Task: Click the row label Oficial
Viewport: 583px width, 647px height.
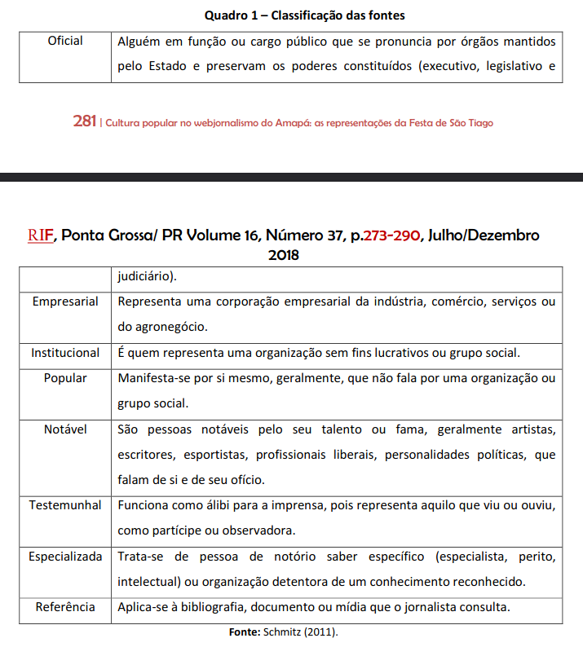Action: tap(65, 41)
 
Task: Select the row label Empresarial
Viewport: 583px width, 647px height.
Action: tap(65, 301)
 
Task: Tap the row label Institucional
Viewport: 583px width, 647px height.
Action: tap(65, 353)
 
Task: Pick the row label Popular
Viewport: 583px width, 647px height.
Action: tap(65, 378)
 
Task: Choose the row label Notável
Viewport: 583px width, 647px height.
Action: tap(65, 429)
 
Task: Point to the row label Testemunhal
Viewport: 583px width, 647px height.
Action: tap(65, 505)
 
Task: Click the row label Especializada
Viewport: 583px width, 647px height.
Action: tap(65, 557)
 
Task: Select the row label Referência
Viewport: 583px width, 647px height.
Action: tap(65, 607)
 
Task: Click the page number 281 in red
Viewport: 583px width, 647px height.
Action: tap(84, 122)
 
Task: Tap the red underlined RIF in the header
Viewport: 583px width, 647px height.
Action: tap(40, 235)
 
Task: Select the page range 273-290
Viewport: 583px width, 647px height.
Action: tap(391, 235)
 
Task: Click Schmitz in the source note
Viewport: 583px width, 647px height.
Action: tap(278, 632)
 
